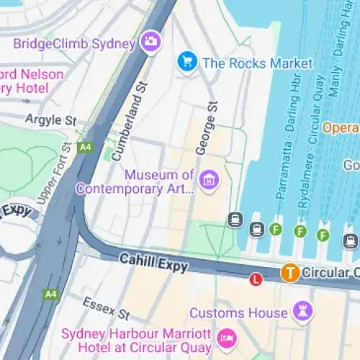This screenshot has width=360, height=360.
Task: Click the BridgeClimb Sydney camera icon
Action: click(x=150, y=42)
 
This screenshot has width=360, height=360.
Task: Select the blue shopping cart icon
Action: click(x=187, y=62)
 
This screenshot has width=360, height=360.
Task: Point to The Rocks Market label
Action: click(x=258, y=63)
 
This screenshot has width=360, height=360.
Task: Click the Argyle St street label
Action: click(x=50, y=119)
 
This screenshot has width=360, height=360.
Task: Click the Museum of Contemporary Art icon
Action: click(x=209, y=179)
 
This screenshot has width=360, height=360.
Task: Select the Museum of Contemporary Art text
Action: click(x=160, y=182)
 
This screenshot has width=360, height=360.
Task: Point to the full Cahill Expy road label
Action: click(x=153, y=261)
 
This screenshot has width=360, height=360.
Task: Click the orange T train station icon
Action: click(x=289, y=272)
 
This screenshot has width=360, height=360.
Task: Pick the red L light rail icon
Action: click(x=254, y=279)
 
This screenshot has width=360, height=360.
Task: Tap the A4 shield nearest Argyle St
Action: click(x=86, y=147)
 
